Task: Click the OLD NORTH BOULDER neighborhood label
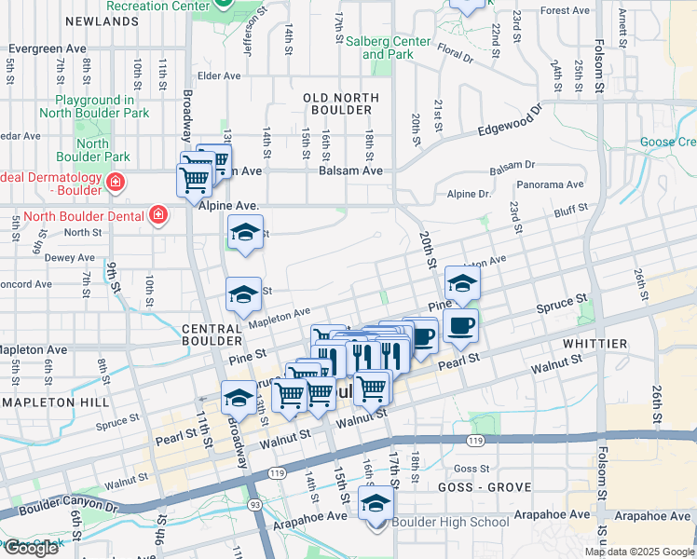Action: (x=340, y=103)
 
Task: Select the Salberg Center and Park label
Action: (x=388, y=48)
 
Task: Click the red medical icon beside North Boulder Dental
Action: (x=158, y=216)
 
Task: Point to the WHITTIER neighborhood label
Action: (x=594, y=344)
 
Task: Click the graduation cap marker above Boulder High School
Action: (x=376, y=505)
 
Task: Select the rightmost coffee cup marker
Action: (x=461, y=326)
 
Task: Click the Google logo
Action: (x=30, y=548)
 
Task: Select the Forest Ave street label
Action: (x=566, y=11)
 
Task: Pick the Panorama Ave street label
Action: (x=550, y=185)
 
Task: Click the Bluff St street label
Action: (x=570, y=210)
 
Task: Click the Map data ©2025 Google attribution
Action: (x=639, y=552)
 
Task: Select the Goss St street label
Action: (x=472, y=469)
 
